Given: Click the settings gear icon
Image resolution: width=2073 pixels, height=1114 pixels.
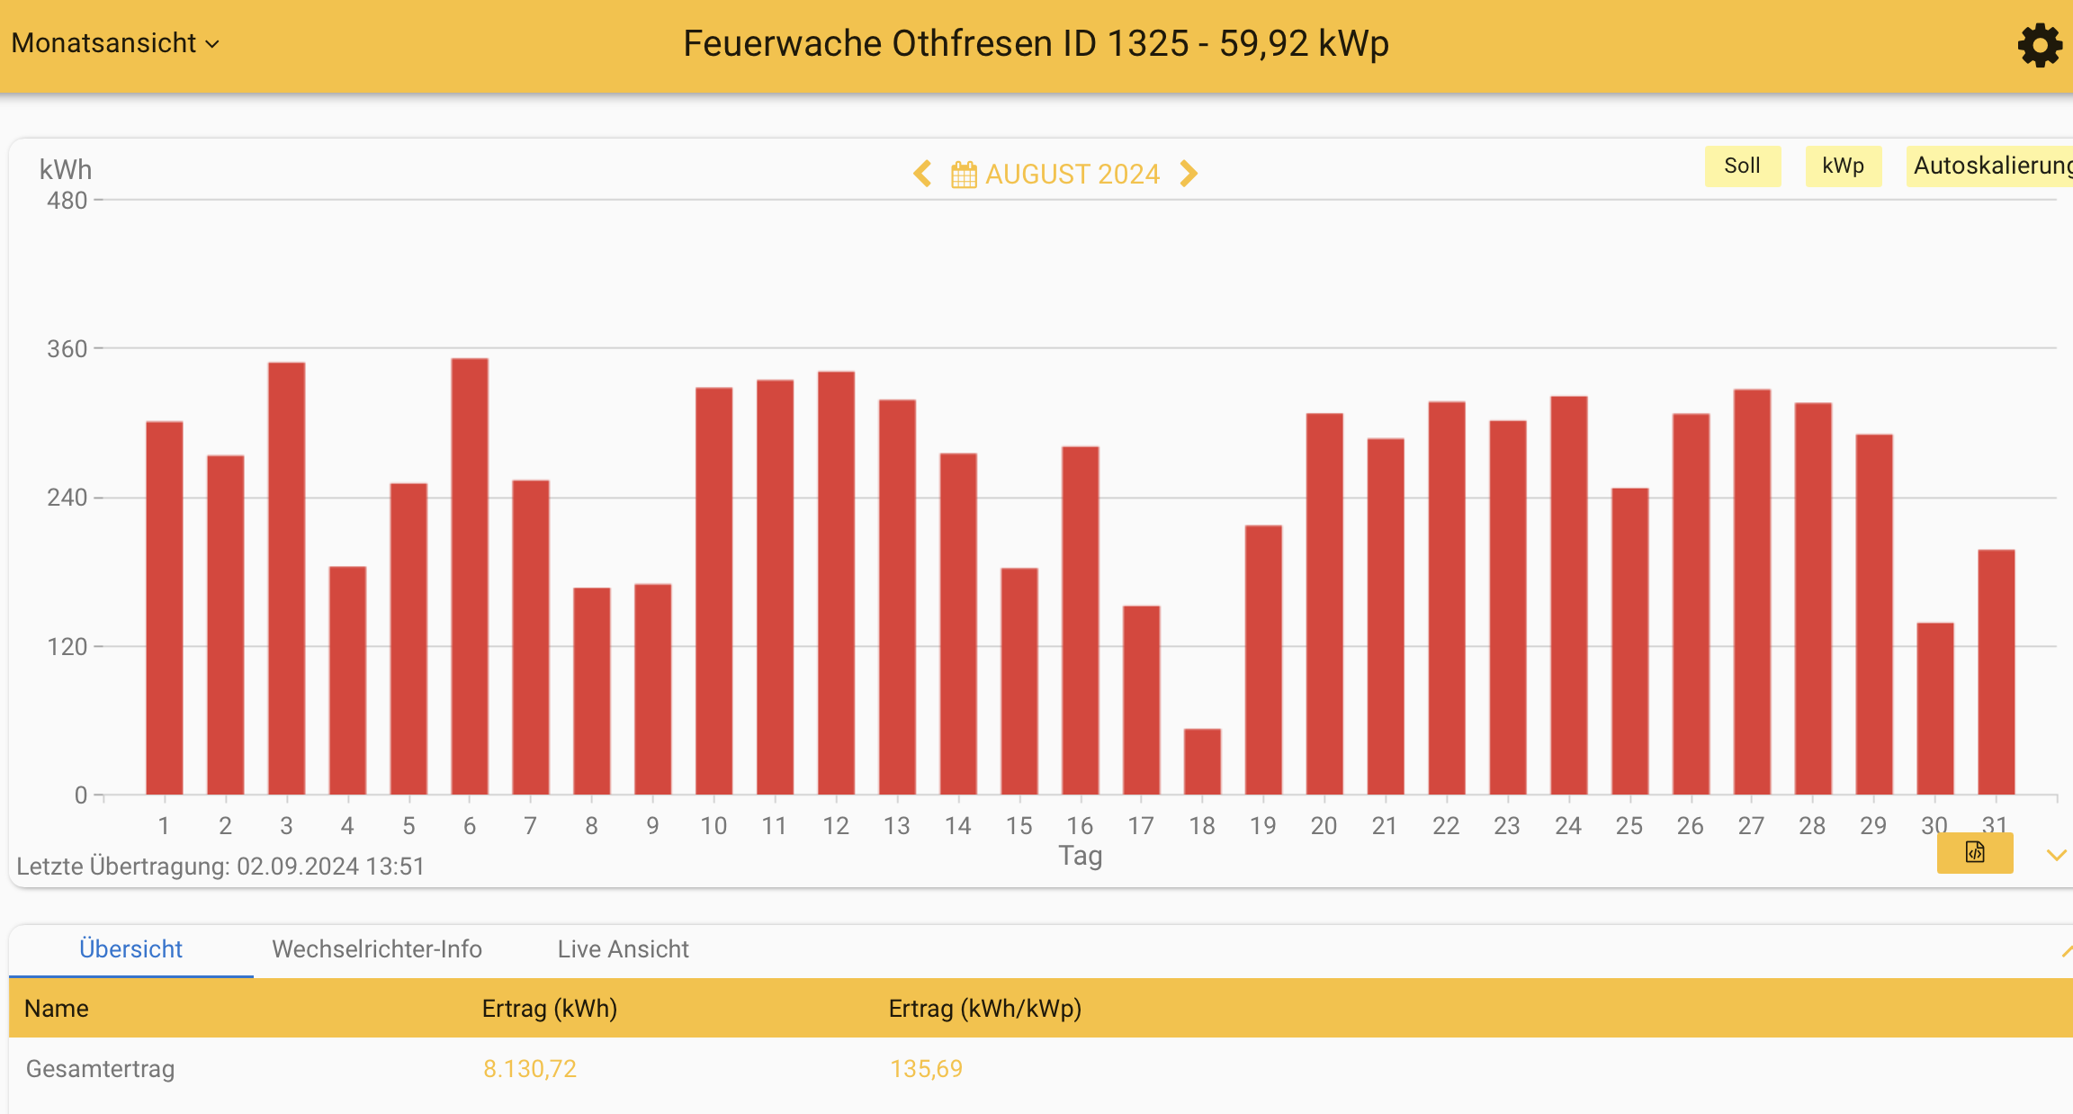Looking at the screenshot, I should tap(2039, 45).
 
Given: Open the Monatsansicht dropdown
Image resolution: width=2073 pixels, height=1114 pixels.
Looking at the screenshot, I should tap(115, 43).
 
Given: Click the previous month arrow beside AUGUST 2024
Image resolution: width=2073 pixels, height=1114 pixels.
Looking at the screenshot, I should tap(922, 174).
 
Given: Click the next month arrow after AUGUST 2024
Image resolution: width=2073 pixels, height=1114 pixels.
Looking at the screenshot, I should tap(1189, 174).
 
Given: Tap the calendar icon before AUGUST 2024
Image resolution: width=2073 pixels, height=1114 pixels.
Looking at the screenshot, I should tap(964, 175).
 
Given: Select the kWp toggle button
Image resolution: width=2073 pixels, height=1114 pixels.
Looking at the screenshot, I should tap(1843, 166).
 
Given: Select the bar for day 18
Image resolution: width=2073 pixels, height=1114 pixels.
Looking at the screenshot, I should tap(1202, 761).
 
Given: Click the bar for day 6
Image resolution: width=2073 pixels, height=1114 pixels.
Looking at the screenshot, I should tap(470, 576).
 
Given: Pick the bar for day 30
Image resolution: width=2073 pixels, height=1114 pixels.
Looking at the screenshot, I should tap(1934, 708).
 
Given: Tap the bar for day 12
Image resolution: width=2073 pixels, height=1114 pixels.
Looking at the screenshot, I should tap(836, 582).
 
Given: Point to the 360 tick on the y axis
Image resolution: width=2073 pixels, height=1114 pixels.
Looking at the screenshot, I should tap(67, 349).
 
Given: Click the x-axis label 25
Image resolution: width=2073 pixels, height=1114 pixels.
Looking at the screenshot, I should tap(1629, 826).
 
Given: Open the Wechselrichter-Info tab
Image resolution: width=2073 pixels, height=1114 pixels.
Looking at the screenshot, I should tap(377, 949).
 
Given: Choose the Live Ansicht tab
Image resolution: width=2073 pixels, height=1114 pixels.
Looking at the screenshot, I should tap(623, 949).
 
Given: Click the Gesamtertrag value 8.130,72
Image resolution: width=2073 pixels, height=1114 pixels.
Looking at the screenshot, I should tap(530, 1069).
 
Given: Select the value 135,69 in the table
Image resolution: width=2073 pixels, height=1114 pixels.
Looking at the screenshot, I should tap(926, 1069).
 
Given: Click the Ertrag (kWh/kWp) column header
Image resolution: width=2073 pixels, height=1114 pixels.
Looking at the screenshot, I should tap(984, 1009).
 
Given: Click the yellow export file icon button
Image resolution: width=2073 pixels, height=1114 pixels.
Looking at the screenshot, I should tap(1974, 852).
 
